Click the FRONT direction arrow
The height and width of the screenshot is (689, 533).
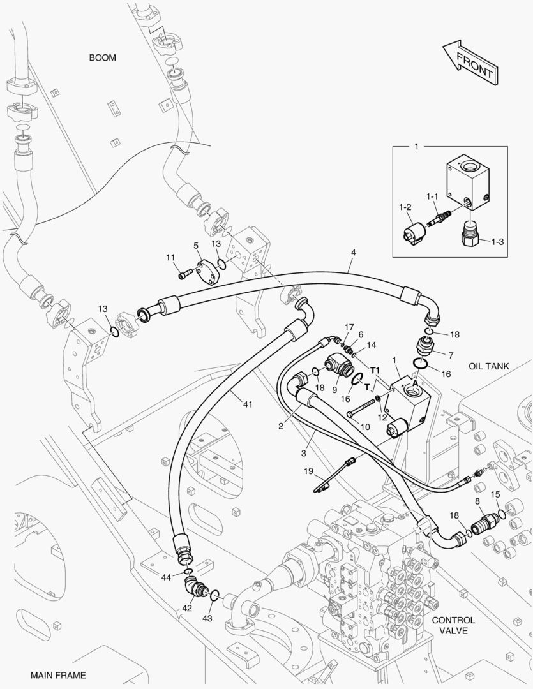pos(470,62)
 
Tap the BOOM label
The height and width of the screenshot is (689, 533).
pos(103,57)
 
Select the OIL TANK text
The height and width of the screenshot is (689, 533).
pos(488,366)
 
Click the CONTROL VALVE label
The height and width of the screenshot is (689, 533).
pos(453,625)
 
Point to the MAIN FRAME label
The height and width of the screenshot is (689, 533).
pos(58,675)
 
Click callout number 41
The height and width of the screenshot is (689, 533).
pos(248,404)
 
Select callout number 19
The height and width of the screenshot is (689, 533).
pos(308,471)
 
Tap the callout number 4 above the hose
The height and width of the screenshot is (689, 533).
pos(354,253)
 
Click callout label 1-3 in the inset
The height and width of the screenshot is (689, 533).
pos(497,241)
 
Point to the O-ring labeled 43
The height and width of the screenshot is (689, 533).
pos(214,595)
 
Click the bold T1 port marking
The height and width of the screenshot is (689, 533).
pos(375,371)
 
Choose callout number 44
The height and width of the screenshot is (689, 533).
pos(165,577)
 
